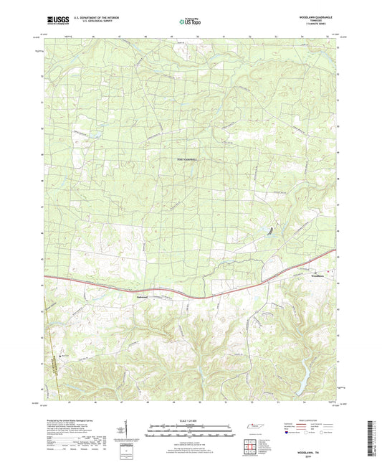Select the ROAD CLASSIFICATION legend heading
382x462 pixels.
click(x=313, y=420)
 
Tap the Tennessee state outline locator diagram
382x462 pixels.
click(x=254, y=428)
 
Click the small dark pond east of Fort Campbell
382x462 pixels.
click(x=270, y=230)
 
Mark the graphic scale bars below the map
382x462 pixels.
click(x=191, y=431)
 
